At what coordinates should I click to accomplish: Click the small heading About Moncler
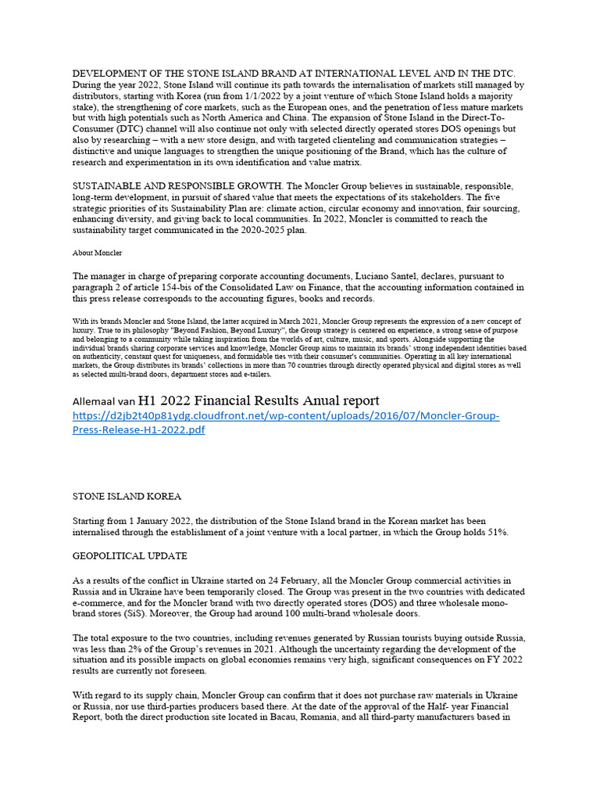[97, 253]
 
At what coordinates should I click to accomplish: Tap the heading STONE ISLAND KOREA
[127, 496]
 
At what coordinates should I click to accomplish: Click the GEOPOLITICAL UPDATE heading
[130, 556]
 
